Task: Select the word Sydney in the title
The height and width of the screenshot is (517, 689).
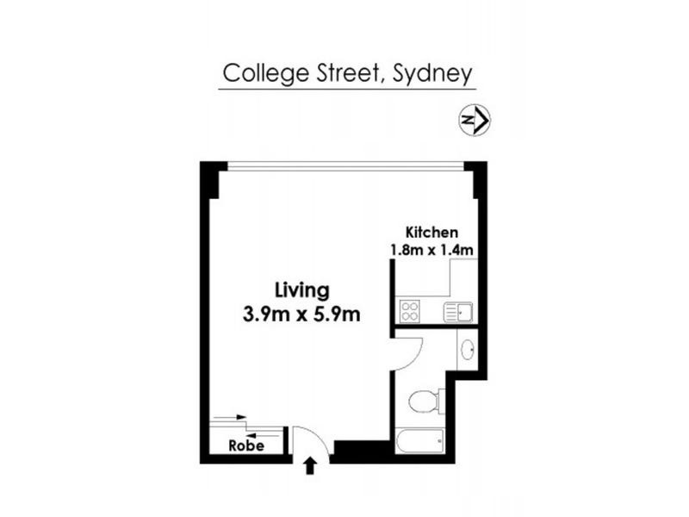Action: [432, 74]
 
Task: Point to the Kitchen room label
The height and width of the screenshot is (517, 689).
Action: [431, 232]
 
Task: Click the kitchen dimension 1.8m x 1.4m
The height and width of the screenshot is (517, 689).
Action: [431, 250]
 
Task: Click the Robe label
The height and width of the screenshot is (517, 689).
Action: [245, 446]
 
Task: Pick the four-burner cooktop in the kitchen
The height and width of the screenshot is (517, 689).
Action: [407, 311]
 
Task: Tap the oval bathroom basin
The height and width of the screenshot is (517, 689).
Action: [467, 349]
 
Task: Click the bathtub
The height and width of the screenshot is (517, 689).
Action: [419, 442]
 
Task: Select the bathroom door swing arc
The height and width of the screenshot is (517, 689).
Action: [410, 349]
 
